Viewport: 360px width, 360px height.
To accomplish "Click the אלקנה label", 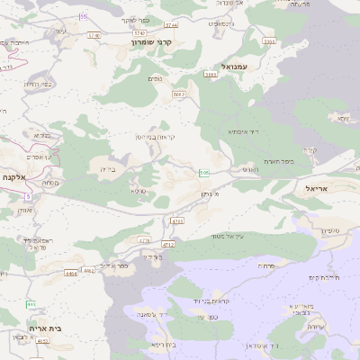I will pos(17,178).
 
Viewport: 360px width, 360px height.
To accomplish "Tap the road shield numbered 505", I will pos(204,172).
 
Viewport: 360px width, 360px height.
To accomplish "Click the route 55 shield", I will pos(84,17).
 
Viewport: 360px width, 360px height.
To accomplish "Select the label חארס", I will pos(249,168).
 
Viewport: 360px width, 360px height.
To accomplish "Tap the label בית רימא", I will pos(163,345).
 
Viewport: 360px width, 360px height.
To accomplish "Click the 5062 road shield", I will pos(179,93).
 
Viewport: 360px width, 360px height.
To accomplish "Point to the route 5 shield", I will pos(28,195).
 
